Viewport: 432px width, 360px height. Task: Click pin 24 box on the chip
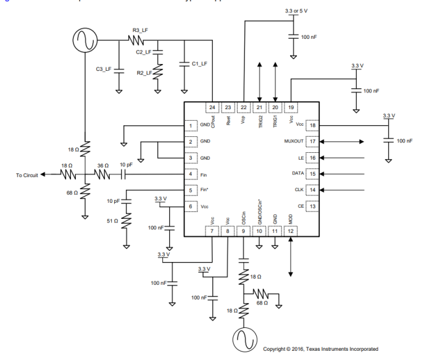coord(212,107)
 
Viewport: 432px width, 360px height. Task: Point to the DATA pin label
coord(297,174)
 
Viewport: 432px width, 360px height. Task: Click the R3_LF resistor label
coord(140,30)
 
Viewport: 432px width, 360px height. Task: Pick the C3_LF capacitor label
coord(103,70)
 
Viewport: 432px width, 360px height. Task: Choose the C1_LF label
coord(199,63)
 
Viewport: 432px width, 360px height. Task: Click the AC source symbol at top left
coord(83,41)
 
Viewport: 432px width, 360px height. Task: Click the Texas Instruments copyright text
coord(320,348)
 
